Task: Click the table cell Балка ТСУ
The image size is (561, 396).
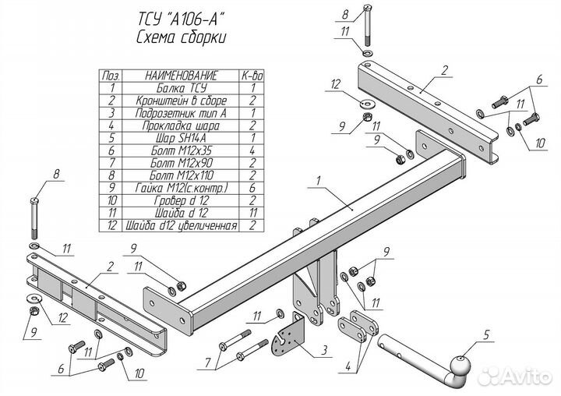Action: [x=180, y=88]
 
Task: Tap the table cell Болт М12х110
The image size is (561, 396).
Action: [x=180, y=176]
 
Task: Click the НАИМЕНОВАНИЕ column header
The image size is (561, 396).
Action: [x=181, y=75]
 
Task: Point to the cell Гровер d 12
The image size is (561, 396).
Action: [x=180, y=201]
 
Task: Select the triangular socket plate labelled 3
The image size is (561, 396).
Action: [x=290, y=336]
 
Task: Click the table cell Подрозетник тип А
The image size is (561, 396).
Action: [x=180, y=113]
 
